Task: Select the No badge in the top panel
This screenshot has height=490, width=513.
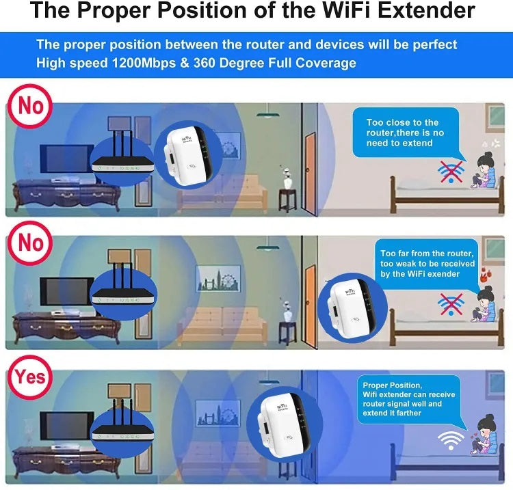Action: pos(30,106)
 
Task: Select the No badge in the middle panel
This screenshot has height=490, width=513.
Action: pos(30,243)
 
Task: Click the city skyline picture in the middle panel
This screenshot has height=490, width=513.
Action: pos(218,278)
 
